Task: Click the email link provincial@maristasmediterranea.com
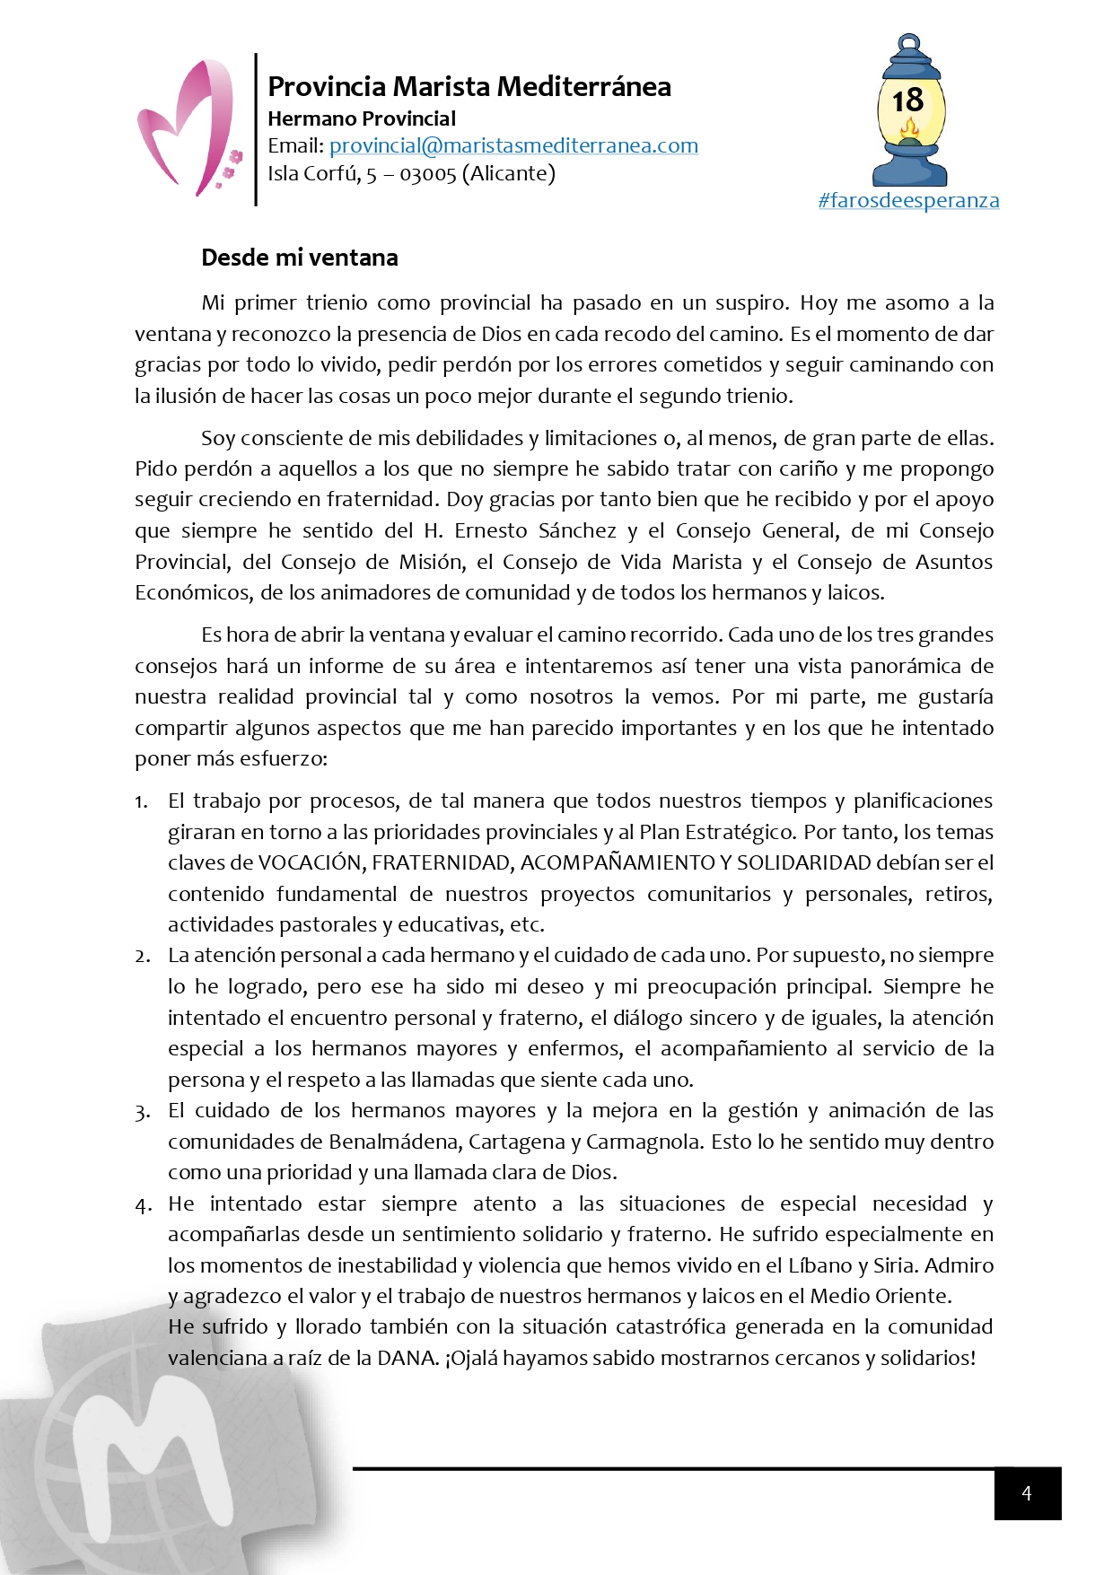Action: (x=513, y=145)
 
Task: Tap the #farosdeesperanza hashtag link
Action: (x=908, y=200)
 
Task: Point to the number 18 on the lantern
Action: (x=908, y=100)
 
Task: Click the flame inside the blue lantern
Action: (x=909, y=132)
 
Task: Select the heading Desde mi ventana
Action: (x=300, y=258)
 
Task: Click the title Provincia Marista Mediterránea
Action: (x=469, y=86)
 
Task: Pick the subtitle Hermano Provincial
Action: (x=362, y=118)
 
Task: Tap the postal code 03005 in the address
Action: (x=427, y=174)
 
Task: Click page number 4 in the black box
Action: (x=1027, y=1493)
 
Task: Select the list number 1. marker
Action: (x=142, y=801)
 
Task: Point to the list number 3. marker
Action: (x=142, y=1112)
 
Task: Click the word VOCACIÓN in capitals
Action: (x=310, y=862)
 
